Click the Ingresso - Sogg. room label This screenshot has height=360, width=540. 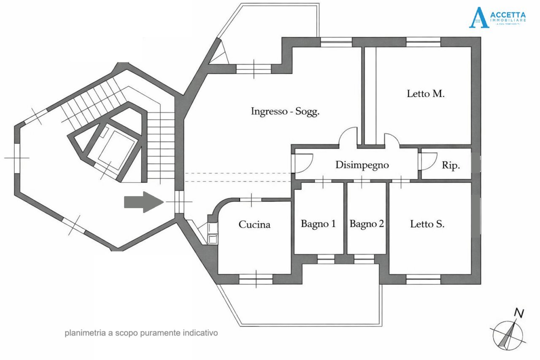click(x=285, y=112)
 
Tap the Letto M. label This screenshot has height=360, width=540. click(x=426, y=94)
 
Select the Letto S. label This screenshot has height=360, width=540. click(x=427, y=224)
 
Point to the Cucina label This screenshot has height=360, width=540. click(x=254, y=225)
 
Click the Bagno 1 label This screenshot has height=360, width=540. click(x=318, y=224)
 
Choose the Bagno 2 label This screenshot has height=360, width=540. click(x=367, y=224)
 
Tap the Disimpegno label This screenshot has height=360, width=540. click(x=362, y=165)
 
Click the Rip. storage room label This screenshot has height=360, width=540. click(x=451, y=166)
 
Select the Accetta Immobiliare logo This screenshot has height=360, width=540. click(x=497, y=17)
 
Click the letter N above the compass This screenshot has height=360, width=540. click(x=519, y=313)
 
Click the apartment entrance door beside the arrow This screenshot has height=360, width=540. click(x=179, y=202)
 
